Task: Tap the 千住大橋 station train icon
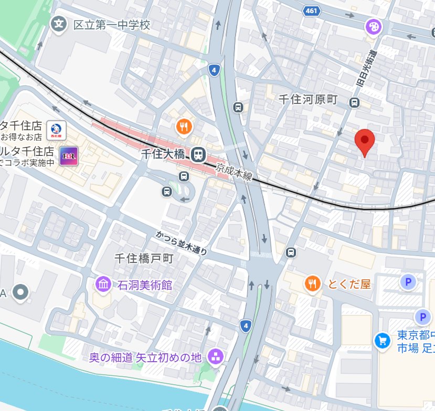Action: [198, 154]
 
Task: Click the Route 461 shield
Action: [311, 10]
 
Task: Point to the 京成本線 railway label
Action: [234, 172]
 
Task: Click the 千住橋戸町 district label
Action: [144, 258]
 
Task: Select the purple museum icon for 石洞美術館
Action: [103, 285]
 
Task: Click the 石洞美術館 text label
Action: [145, 286]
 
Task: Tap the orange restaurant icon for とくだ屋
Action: [312, 283]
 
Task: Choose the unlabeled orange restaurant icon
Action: [184, 126]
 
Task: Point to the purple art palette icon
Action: [373, 26]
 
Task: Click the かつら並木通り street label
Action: [182, 243]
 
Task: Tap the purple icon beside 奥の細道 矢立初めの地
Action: [215, 357]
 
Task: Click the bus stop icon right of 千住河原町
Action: [355, 102]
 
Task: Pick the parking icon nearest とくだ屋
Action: [407, 282]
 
